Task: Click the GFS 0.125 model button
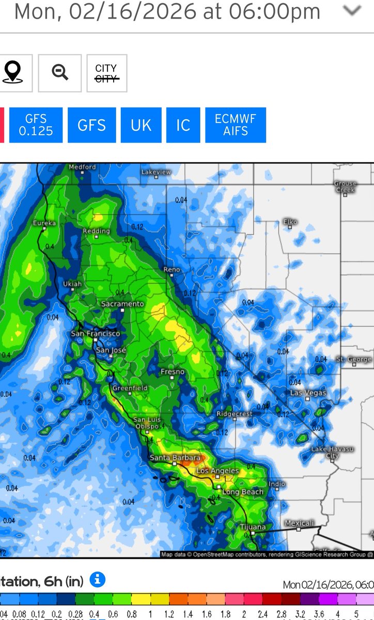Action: [36, 125]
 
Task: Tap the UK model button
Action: [141, 125]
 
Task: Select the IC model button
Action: [183, 125]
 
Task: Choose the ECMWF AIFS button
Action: [236, 125]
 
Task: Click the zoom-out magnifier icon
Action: [60, 73]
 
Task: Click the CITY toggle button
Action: [106, 73]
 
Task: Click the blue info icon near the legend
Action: [98, 580]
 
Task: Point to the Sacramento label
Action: [122, 304]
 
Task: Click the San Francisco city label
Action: [96, 334]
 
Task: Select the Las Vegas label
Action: [308, 393]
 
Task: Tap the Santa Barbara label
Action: [175, 458]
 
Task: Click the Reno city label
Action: [172, 270]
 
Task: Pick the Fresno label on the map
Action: [173, 372]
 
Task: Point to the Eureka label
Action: [44, 223]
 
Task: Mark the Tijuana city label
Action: [253, 527]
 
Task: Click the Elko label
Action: [290, 222]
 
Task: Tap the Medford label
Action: [83, 167]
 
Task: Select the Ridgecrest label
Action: [235, 414]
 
